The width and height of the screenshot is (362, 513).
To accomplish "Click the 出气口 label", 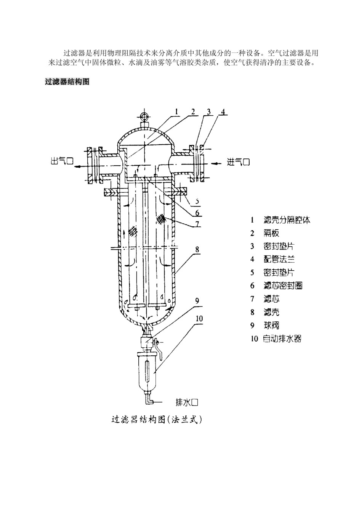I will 62,161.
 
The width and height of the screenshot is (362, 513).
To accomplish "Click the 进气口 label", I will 239,162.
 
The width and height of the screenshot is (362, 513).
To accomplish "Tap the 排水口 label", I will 187,402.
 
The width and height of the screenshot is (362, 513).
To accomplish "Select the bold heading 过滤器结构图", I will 67,82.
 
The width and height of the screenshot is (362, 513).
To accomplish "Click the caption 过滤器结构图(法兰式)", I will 156,420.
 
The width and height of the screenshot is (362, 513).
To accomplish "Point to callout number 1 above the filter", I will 176,111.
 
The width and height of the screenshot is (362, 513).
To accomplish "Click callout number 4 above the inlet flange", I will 223,112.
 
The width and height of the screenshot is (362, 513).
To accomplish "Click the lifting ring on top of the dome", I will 144,116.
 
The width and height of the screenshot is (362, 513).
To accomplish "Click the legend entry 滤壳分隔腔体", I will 287,220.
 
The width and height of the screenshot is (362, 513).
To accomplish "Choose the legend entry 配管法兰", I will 279,260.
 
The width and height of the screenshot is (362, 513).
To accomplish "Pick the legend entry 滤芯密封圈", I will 283,286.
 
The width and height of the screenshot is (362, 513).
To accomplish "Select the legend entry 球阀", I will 271,325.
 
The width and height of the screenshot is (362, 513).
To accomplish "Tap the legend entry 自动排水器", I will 282,339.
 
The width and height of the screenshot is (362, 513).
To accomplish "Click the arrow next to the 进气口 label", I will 216,163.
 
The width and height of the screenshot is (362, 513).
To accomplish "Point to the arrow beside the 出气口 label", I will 79,167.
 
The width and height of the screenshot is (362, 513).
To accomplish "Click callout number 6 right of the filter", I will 197,213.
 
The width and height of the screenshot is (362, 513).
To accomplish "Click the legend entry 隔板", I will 271,233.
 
